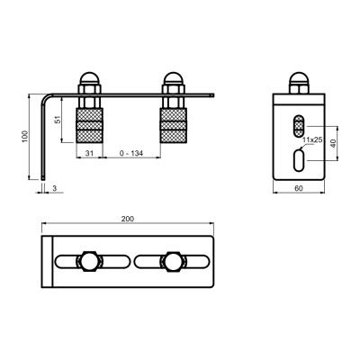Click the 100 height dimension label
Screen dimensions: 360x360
pyautogui.click(x=25, y=137)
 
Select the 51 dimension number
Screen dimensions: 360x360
pyautogui.click(x=58, y=119)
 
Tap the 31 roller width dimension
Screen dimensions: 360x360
pyautogui.click(x=89, y=153)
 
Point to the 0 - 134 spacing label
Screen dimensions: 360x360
pyautogui.click(x=131, y=153)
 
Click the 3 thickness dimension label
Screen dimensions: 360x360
pyautogui.click(x=54, y=188)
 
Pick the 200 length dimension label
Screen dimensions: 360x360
pyautogui.click(x=128, y=219)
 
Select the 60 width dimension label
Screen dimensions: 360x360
pyautogui.click(x=299, y=188)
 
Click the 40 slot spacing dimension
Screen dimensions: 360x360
pyautogui.click(x=333, y=143)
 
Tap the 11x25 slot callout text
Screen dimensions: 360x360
pyautogui.click(x=312, y=139)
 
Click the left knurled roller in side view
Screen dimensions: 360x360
pyautogui.click(x=90, y=125)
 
